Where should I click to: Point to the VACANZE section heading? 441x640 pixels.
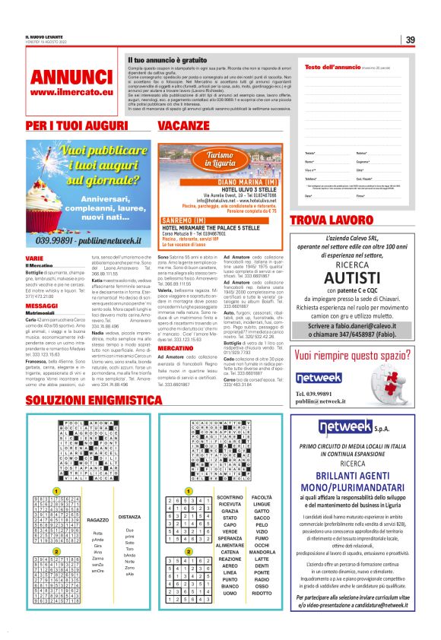click(185, 125)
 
